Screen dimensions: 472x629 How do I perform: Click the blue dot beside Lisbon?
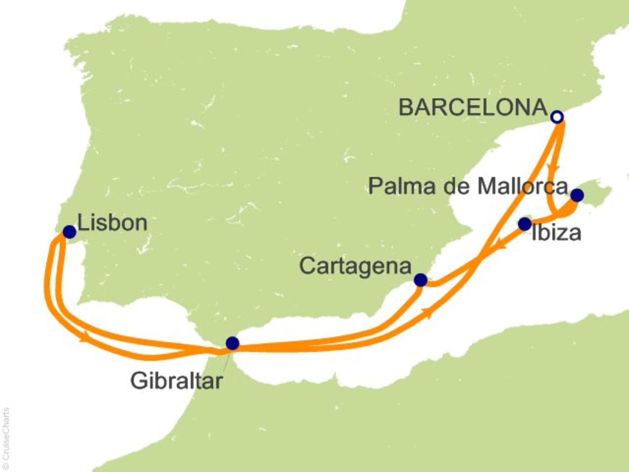coord(69,232)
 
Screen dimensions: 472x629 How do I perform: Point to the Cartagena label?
coord(355,267)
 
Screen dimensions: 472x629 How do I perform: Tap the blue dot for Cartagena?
coord(421,280)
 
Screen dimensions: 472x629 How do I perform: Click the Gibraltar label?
coord(176,381)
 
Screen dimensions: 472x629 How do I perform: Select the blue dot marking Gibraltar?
coord(233,343)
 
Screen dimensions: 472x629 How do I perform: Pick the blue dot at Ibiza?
coord(525,224)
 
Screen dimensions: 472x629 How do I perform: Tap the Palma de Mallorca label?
coord(468,187)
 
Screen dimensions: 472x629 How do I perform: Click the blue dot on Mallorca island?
coord(578,195)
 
